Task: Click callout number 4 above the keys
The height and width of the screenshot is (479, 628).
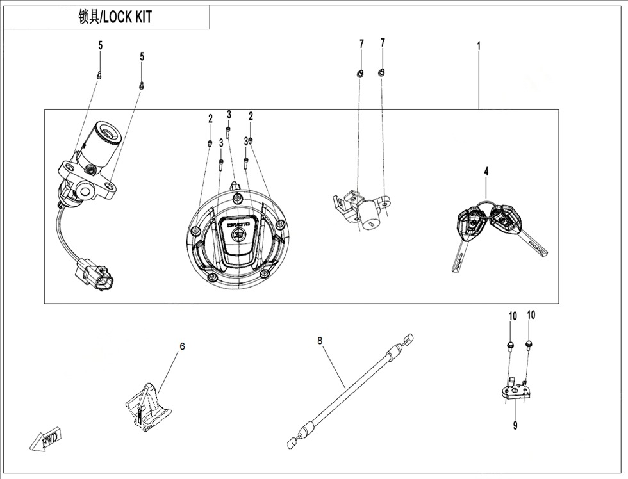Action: (x=486, y=172)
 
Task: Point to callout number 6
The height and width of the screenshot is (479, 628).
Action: (x=182, y=346)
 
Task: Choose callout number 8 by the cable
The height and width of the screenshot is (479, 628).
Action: (x=320, y=341)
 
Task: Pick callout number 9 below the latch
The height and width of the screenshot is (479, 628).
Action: (x=515, y=426)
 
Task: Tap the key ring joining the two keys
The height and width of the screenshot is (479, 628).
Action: (x=486, y=206)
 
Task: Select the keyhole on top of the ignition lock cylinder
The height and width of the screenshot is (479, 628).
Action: (x=108, y=132)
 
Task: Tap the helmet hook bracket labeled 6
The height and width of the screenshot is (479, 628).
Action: (x=147, y=407)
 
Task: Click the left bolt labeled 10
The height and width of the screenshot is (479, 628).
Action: (x=511, y=346)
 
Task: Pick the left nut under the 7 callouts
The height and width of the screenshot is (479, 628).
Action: (x=360, y=73)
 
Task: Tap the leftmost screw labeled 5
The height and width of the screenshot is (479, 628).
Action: (x=100, y=74)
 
